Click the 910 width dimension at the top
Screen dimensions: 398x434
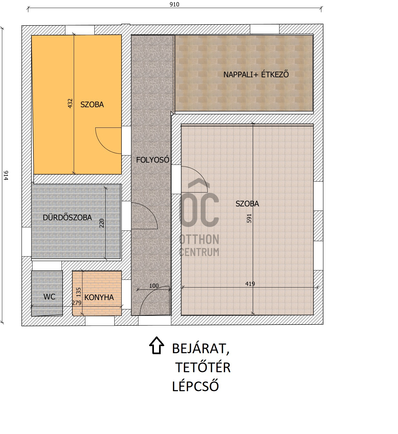tap(174, 5)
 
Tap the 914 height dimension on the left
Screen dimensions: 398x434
tap(6, 175)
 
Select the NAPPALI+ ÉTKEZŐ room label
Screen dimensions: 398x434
tap(256, 74)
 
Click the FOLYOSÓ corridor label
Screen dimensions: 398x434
tap(153, 160)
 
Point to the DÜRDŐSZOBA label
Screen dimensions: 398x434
tap(67, 217)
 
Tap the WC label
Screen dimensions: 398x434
tap(49, 297)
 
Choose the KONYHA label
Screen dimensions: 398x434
tap(99, 297)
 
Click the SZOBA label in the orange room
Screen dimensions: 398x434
tap(92, 105)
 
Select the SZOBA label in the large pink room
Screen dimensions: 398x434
tap(247, 203)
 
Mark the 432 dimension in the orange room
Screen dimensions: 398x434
tap(70, 103)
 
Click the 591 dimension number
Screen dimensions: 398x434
tap(249, 218)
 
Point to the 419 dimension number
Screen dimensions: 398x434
tap(250, 284)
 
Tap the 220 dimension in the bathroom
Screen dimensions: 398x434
tap(101, 223)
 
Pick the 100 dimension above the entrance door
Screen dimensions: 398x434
tap(154, 286)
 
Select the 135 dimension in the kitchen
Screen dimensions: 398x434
tap(78, 292)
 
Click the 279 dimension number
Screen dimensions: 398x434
tap(77, 303)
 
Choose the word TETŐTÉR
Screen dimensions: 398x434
tap(203, 367)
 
